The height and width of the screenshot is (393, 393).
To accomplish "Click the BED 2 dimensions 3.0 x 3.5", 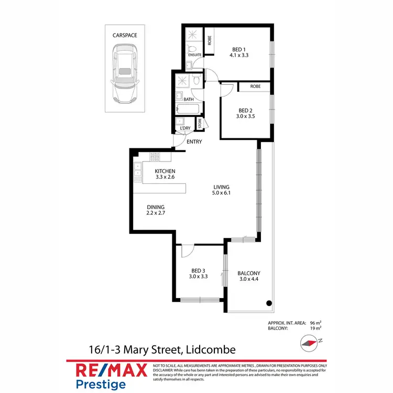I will pos(246,117).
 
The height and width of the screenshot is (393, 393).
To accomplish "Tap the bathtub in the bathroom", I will pos(188,110).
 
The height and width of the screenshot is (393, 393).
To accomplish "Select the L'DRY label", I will pos(185,128).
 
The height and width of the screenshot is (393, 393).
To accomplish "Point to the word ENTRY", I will pos(194,141).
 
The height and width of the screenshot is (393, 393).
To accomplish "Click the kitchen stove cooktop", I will pos(155,156).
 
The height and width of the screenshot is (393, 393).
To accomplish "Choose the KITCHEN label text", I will pos(165,171).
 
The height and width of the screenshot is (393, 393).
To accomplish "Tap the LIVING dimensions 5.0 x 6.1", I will pos(221,193).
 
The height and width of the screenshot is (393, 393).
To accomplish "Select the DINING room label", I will pos(156,206).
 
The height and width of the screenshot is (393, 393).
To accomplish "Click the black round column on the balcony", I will pos(269,303).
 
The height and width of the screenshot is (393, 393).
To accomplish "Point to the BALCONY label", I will pos(249,273).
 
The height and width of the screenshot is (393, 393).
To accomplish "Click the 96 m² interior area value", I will pos(315,323).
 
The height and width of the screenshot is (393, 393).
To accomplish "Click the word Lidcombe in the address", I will pos(210,350).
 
